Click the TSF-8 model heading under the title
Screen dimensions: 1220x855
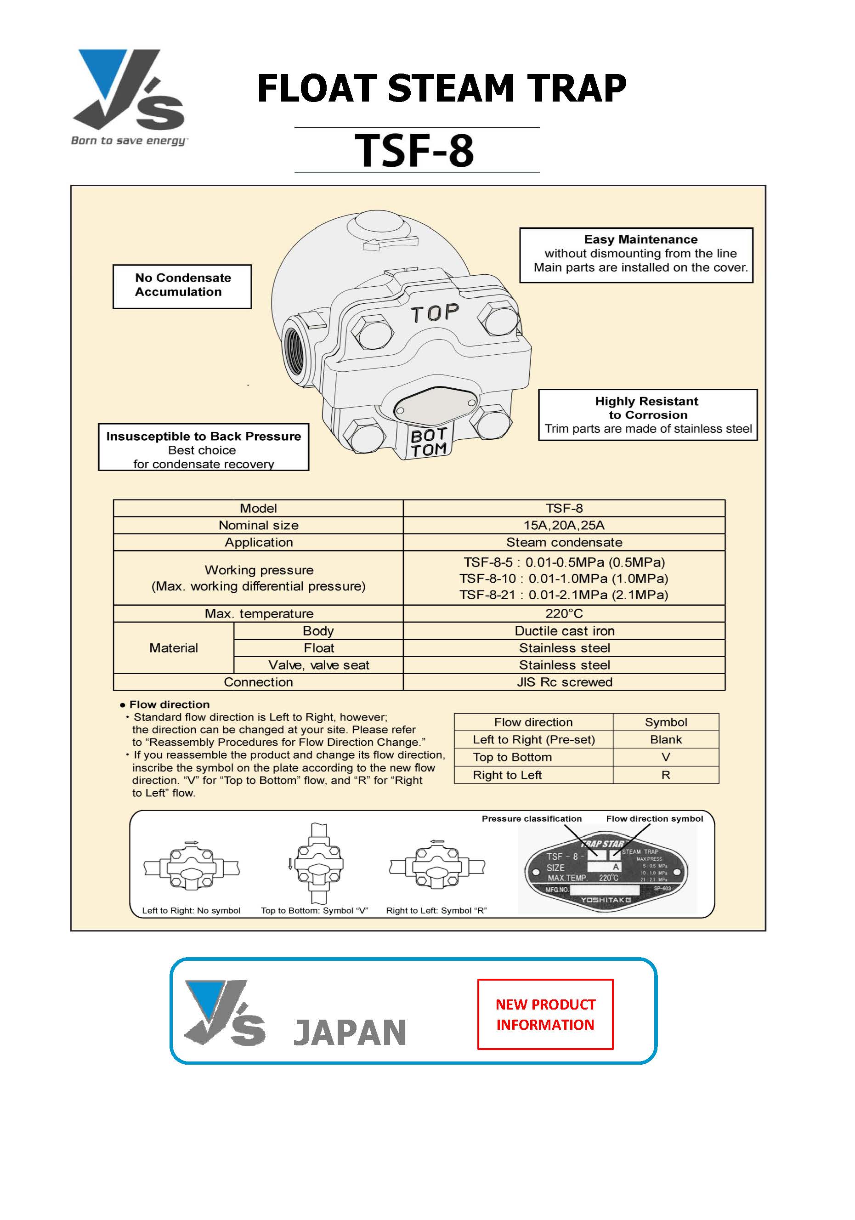414,150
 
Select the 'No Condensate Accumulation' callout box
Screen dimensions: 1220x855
182,286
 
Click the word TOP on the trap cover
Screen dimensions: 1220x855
435,313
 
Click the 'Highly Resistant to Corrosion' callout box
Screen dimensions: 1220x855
647,414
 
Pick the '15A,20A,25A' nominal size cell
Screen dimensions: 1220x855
564,525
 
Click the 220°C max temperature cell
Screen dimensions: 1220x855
564,613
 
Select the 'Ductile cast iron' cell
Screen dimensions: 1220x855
564,631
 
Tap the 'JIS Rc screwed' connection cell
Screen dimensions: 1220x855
564,682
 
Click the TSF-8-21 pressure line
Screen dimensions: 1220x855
563,595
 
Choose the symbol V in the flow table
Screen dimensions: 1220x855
665,757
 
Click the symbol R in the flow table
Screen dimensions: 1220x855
665,775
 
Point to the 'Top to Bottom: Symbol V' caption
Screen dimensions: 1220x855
314,910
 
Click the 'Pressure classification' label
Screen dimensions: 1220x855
532,818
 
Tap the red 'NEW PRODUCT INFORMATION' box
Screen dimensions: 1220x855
545,1014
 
